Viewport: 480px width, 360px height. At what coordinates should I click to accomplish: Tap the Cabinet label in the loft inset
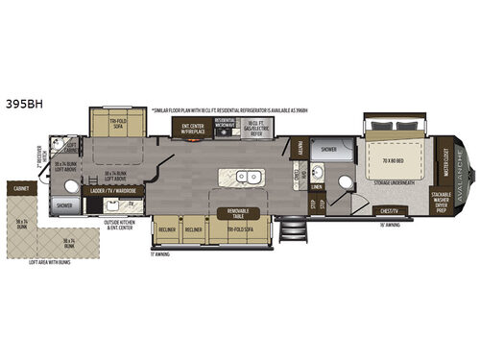click(x=21, y=189)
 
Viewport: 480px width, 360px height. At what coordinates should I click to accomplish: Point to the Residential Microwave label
click(x=226, y=126)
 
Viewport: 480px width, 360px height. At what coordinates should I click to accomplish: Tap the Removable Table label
click(x=236, y=212)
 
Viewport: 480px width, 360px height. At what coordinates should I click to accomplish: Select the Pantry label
click(x=299, y=150)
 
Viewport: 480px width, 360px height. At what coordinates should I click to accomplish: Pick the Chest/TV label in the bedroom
click(x=388, y=210)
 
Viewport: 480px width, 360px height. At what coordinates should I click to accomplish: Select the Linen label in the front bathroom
click(x=317, y=179)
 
